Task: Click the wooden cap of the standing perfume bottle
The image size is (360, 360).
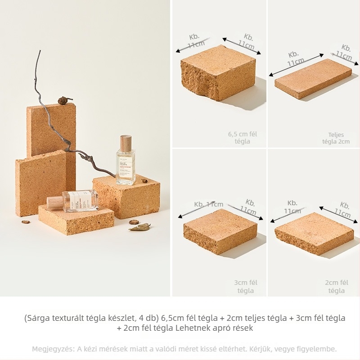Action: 126,143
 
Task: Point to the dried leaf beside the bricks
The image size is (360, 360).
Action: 140,227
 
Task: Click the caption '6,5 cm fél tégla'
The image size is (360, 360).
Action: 243,138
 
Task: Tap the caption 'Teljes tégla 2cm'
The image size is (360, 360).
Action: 336,138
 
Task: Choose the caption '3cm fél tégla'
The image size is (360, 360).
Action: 245,286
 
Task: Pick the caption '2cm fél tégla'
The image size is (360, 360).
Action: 337,286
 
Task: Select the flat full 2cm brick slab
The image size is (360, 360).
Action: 313,78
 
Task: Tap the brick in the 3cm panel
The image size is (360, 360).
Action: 220,230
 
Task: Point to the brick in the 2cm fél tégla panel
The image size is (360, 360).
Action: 314,233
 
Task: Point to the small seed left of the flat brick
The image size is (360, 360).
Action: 26,221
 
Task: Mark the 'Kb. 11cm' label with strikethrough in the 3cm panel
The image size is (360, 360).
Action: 208,204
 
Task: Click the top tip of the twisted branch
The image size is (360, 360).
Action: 40,52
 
